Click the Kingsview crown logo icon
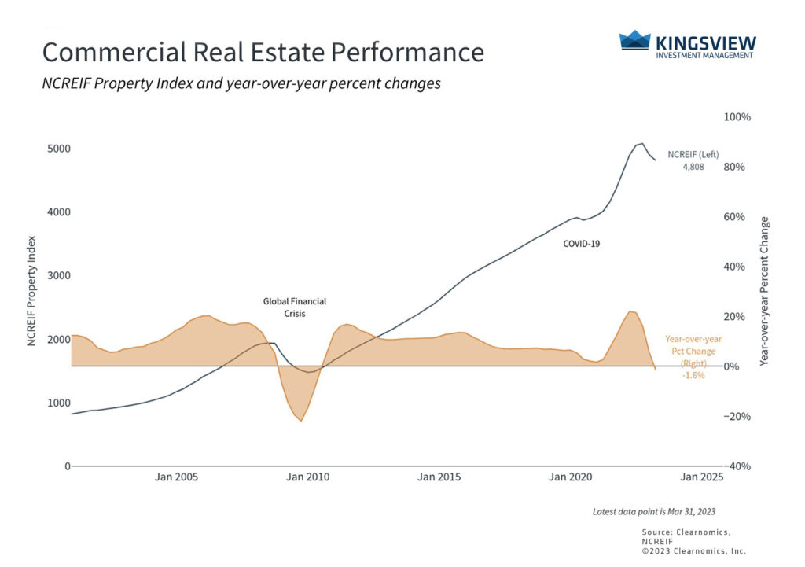[x=635, y=40]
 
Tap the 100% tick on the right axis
[x=737, y=117]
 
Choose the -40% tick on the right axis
[x=737, y=466]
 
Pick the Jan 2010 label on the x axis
[x=307, y=477]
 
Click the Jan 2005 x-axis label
[x=175, y=477]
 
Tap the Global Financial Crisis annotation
[x=294, y=307]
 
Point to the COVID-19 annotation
[x=581, y=244]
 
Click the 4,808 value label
[x=693, y=168]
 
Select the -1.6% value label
[x=693, y=376]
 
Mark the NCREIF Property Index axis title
[x=32, y=291]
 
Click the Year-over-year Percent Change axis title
[x=765, y=291]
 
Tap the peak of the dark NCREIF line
[x=642, y=144]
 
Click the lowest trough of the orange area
[x=300, y=421]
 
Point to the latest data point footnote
[x=653, y=512]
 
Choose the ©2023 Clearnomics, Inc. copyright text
[x=694, y=550]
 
